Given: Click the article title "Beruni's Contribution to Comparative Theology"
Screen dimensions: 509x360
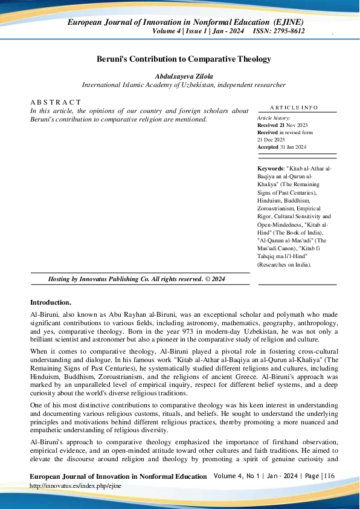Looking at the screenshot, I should point(184,59).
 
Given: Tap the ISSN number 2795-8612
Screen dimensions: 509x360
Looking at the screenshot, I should point(288,31).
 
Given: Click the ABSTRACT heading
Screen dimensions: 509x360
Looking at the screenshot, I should point(55,102).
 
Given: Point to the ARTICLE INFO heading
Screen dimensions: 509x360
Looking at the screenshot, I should point(294,108).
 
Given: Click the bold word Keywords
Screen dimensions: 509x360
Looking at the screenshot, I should point(270,169).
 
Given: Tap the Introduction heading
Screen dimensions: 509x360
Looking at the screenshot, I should point(51,302).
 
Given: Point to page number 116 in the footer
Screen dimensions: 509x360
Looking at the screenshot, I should point(329,476).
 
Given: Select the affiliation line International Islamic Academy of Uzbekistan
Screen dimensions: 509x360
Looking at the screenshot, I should point(184,85).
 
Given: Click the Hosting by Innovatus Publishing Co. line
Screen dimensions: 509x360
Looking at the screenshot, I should point(137,279).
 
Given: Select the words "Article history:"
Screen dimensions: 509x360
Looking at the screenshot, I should point(274,118).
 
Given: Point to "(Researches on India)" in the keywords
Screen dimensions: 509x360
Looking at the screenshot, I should point(284,264).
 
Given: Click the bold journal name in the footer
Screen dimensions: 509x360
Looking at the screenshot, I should point(118,477).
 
